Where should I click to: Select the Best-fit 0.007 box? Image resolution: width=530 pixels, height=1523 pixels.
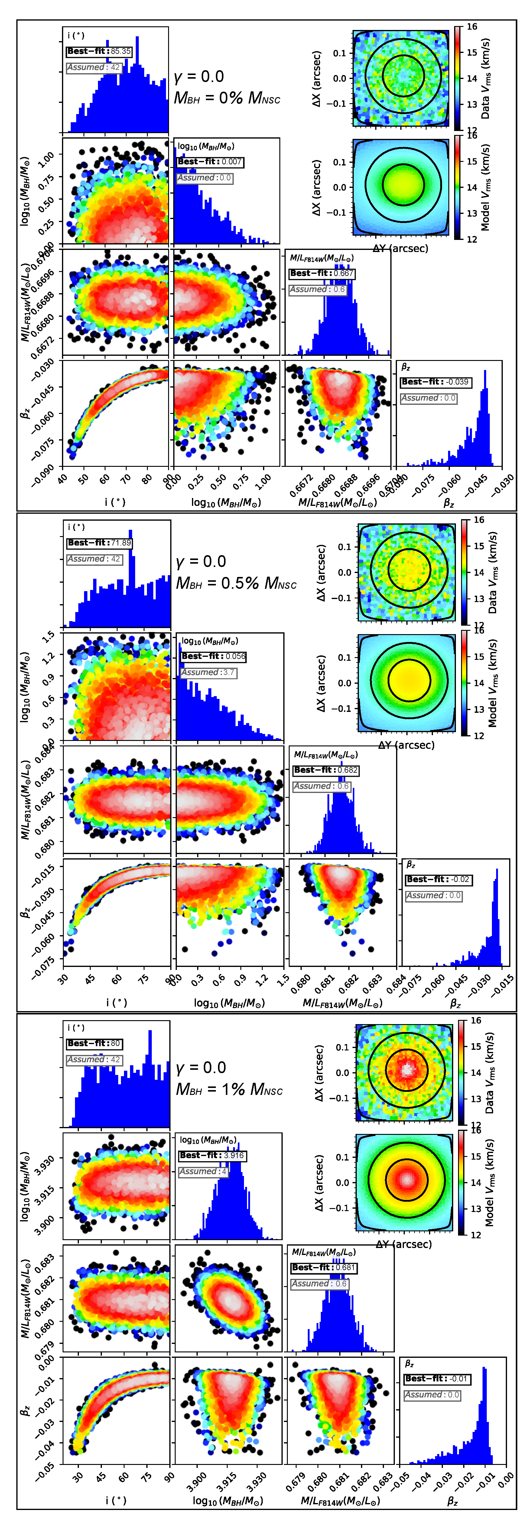click(210, 161)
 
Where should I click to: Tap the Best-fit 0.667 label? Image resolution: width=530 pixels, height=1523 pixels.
click(322, 273)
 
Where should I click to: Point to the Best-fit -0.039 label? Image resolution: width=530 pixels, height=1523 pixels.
click(435, 382)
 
